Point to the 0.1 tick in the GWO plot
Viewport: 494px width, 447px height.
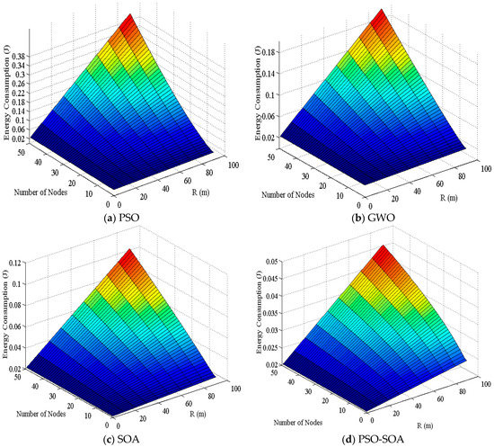(x=274, y=94)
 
